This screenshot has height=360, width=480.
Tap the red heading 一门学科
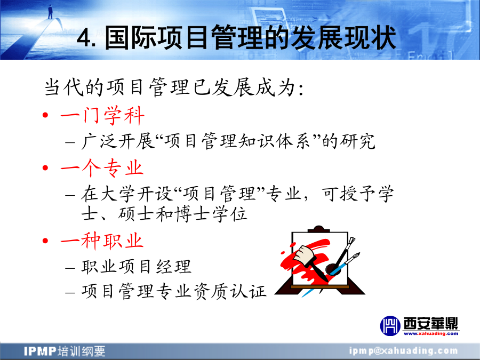pos(102,116)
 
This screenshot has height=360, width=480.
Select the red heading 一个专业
pos(102,168)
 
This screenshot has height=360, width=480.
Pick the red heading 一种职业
pos(102,241)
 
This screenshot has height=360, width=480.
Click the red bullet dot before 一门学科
pos(46,115)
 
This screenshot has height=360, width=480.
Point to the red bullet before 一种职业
pos(46,241)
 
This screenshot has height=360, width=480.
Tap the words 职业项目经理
pos(137,267)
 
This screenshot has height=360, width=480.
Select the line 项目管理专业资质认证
pos(174,291)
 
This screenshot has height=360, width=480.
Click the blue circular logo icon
pos(390,326)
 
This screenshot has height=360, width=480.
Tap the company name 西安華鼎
pos(431,323)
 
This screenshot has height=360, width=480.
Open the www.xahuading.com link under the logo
pos(431,333)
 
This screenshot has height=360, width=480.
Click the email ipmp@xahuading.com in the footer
pos(404,351)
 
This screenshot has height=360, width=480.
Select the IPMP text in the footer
pos(40,351)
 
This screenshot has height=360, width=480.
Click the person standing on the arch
pos(50,12)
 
